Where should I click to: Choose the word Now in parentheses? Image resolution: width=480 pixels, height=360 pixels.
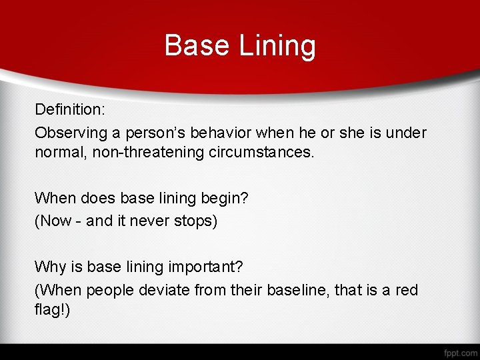coord(55,221)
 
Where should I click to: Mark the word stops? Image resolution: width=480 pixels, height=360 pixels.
coord(195,221)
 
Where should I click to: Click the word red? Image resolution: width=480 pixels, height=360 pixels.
coord(406,290)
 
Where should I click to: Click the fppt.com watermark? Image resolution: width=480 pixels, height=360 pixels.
coord(460,352)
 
